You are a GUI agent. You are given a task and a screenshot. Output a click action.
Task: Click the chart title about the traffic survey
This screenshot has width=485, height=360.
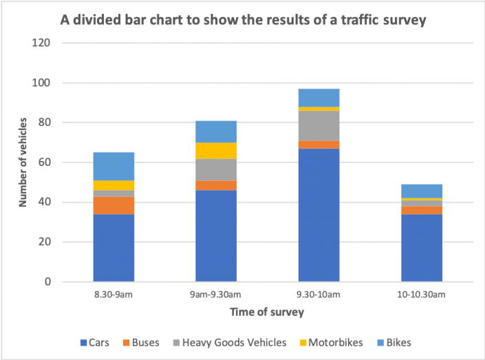[243, 21]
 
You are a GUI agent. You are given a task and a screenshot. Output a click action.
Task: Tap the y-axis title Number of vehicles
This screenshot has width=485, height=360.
[22, 162]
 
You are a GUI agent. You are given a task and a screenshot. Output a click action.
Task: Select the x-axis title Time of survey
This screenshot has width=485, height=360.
[267, 312]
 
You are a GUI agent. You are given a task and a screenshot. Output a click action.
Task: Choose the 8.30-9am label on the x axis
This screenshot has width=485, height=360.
[114, 295]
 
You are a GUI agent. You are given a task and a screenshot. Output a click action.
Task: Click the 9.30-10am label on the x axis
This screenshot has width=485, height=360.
[319, 295]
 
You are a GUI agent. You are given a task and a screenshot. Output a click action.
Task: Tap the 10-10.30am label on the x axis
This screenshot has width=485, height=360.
[422, 295]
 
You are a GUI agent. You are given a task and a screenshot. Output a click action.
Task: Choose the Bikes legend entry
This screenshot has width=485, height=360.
[394, 342]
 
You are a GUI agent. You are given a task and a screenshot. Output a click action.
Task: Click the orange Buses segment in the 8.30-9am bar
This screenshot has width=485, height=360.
[114, 206]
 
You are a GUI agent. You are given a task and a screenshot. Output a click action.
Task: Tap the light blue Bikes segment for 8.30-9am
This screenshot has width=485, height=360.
[114, 166]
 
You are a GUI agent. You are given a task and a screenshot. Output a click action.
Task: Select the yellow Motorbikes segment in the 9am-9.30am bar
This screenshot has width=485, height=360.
[216, 151]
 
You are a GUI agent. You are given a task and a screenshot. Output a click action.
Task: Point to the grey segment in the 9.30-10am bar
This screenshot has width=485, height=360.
[319, 125]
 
